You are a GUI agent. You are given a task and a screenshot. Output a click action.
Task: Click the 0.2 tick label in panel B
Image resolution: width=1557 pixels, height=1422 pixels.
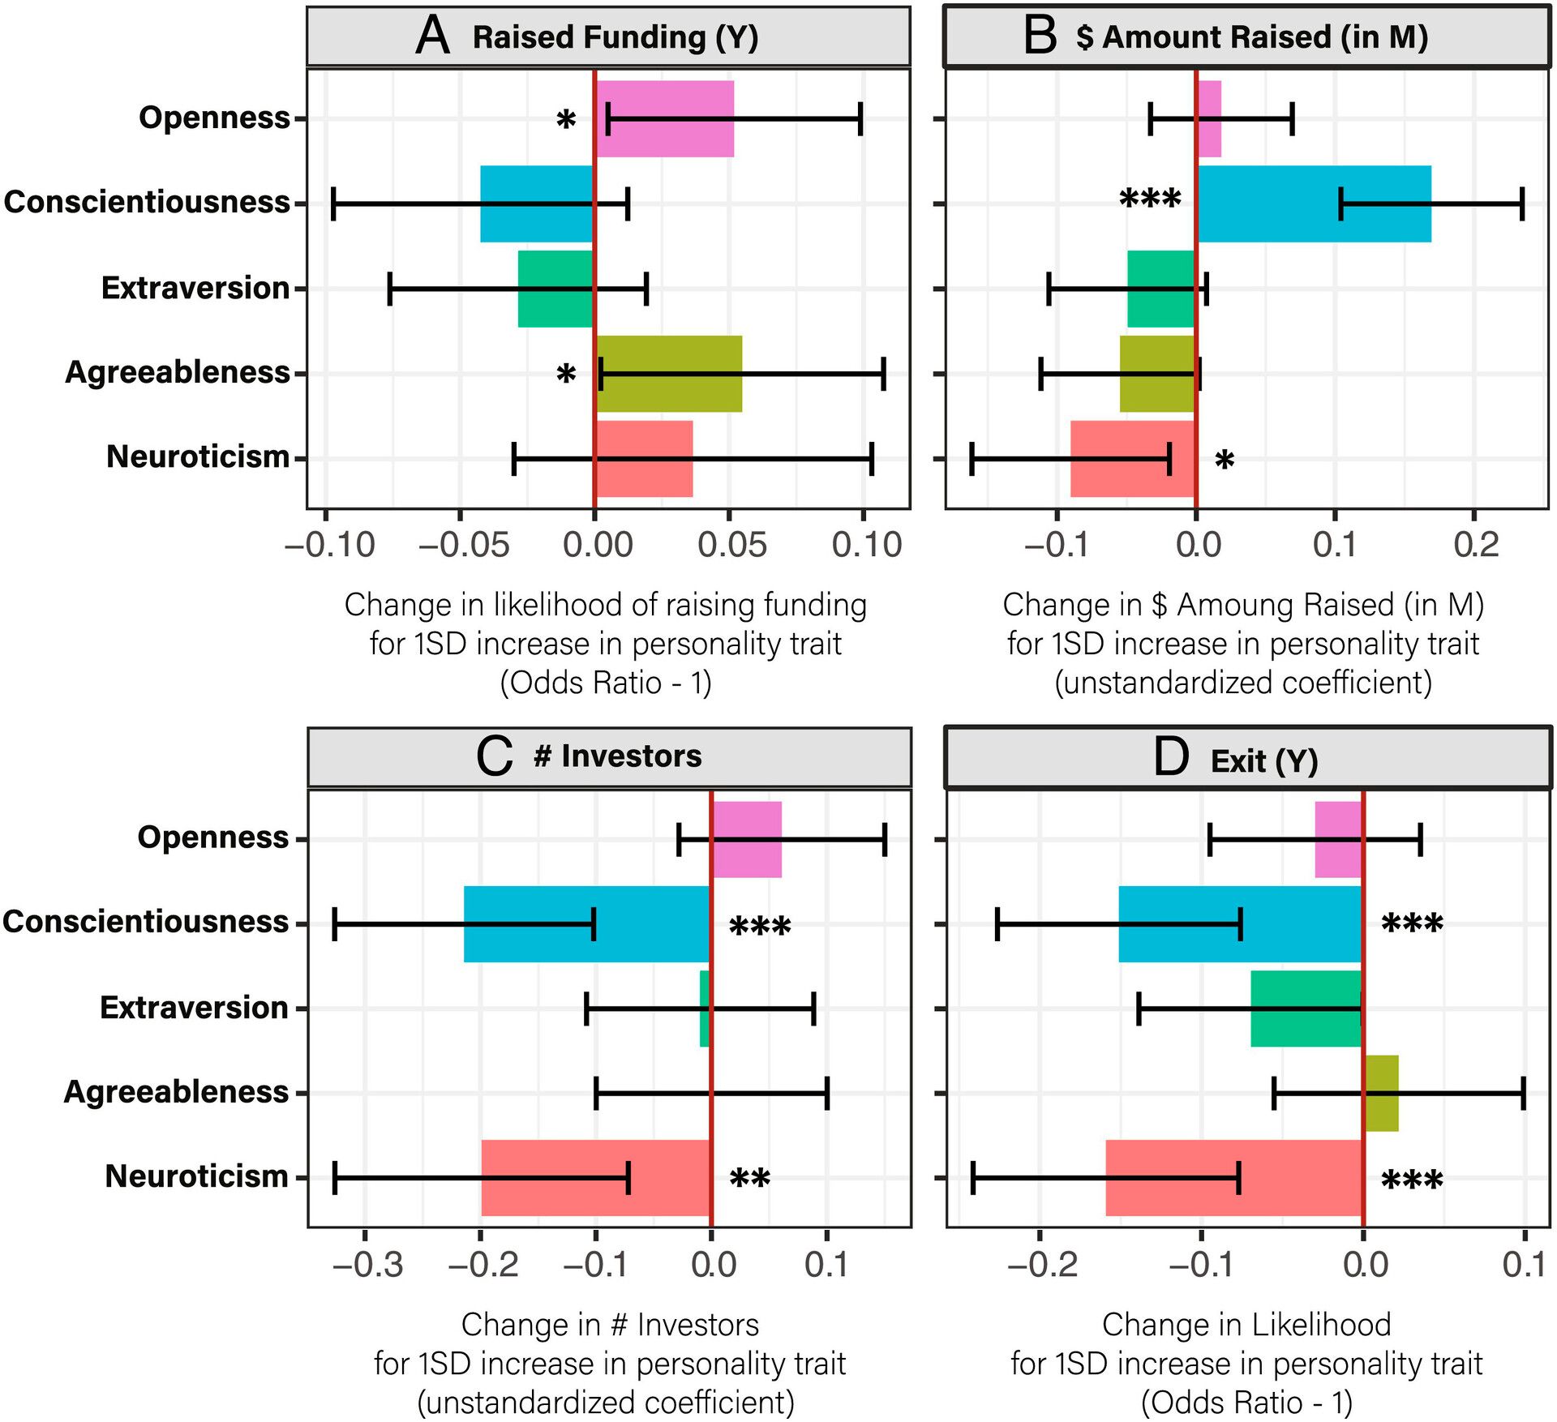tap(1475, 545)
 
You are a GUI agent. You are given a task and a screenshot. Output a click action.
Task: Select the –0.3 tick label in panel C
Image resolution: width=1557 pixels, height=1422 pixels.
tap(367, 1265)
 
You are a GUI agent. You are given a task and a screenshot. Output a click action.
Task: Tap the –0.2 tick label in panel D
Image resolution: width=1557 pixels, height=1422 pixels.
tap(1042, 1265)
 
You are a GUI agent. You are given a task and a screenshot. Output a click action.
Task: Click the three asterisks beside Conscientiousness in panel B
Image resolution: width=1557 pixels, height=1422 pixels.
tap(1150, 199)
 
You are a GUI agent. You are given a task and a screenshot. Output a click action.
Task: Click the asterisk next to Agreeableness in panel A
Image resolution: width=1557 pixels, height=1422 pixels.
tap(566, 375)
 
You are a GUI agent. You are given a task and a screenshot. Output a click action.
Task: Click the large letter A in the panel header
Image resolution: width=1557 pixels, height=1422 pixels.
tap(432, 36)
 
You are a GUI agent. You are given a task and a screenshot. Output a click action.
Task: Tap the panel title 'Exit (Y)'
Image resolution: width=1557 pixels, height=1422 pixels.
tap(1264, 761)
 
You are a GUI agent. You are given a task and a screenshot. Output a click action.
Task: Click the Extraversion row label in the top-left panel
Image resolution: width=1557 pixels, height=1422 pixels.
tap(195, 288)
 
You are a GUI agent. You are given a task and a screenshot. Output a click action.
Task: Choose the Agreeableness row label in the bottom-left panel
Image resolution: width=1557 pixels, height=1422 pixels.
tap(176, 1092)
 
